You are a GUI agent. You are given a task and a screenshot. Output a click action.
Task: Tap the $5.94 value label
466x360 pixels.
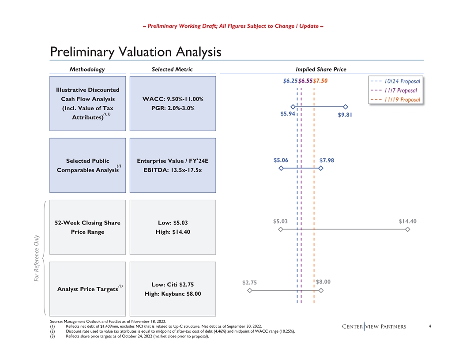click(x=287, y=114)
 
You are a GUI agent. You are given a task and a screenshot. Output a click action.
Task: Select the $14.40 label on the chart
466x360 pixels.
click(x=407, y=221)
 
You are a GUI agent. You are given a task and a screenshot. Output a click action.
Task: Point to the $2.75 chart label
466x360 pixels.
click(x=249, y=282)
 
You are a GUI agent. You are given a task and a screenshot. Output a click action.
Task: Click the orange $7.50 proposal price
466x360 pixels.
click(x=320, y=81)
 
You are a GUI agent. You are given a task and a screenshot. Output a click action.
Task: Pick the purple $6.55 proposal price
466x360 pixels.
click(x=305, y=81)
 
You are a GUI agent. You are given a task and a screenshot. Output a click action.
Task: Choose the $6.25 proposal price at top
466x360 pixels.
click(x=290, y=81)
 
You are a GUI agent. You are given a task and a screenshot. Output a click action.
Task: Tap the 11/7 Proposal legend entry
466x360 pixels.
click(x=400, y=90)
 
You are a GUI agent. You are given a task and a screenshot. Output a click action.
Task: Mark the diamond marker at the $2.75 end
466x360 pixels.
click(x=249, y=290)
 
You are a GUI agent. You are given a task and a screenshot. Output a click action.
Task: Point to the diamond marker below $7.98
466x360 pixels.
click(x=321, y=169)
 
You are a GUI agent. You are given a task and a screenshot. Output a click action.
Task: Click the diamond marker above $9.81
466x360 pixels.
click(x=346, y=107)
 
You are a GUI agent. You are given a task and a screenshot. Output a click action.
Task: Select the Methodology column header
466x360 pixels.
click(x=87, y=69)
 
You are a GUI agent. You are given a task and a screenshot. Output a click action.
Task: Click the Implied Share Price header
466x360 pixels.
click(x=321, y=69)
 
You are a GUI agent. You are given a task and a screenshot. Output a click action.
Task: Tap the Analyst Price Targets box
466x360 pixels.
click(x=87, y=289)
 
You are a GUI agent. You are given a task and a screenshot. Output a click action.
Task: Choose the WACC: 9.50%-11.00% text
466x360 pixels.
click(x=170, y=99)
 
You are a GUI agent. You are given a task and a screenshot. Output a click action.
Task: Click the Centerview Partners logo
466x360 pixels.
click(x=374, y=326)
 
